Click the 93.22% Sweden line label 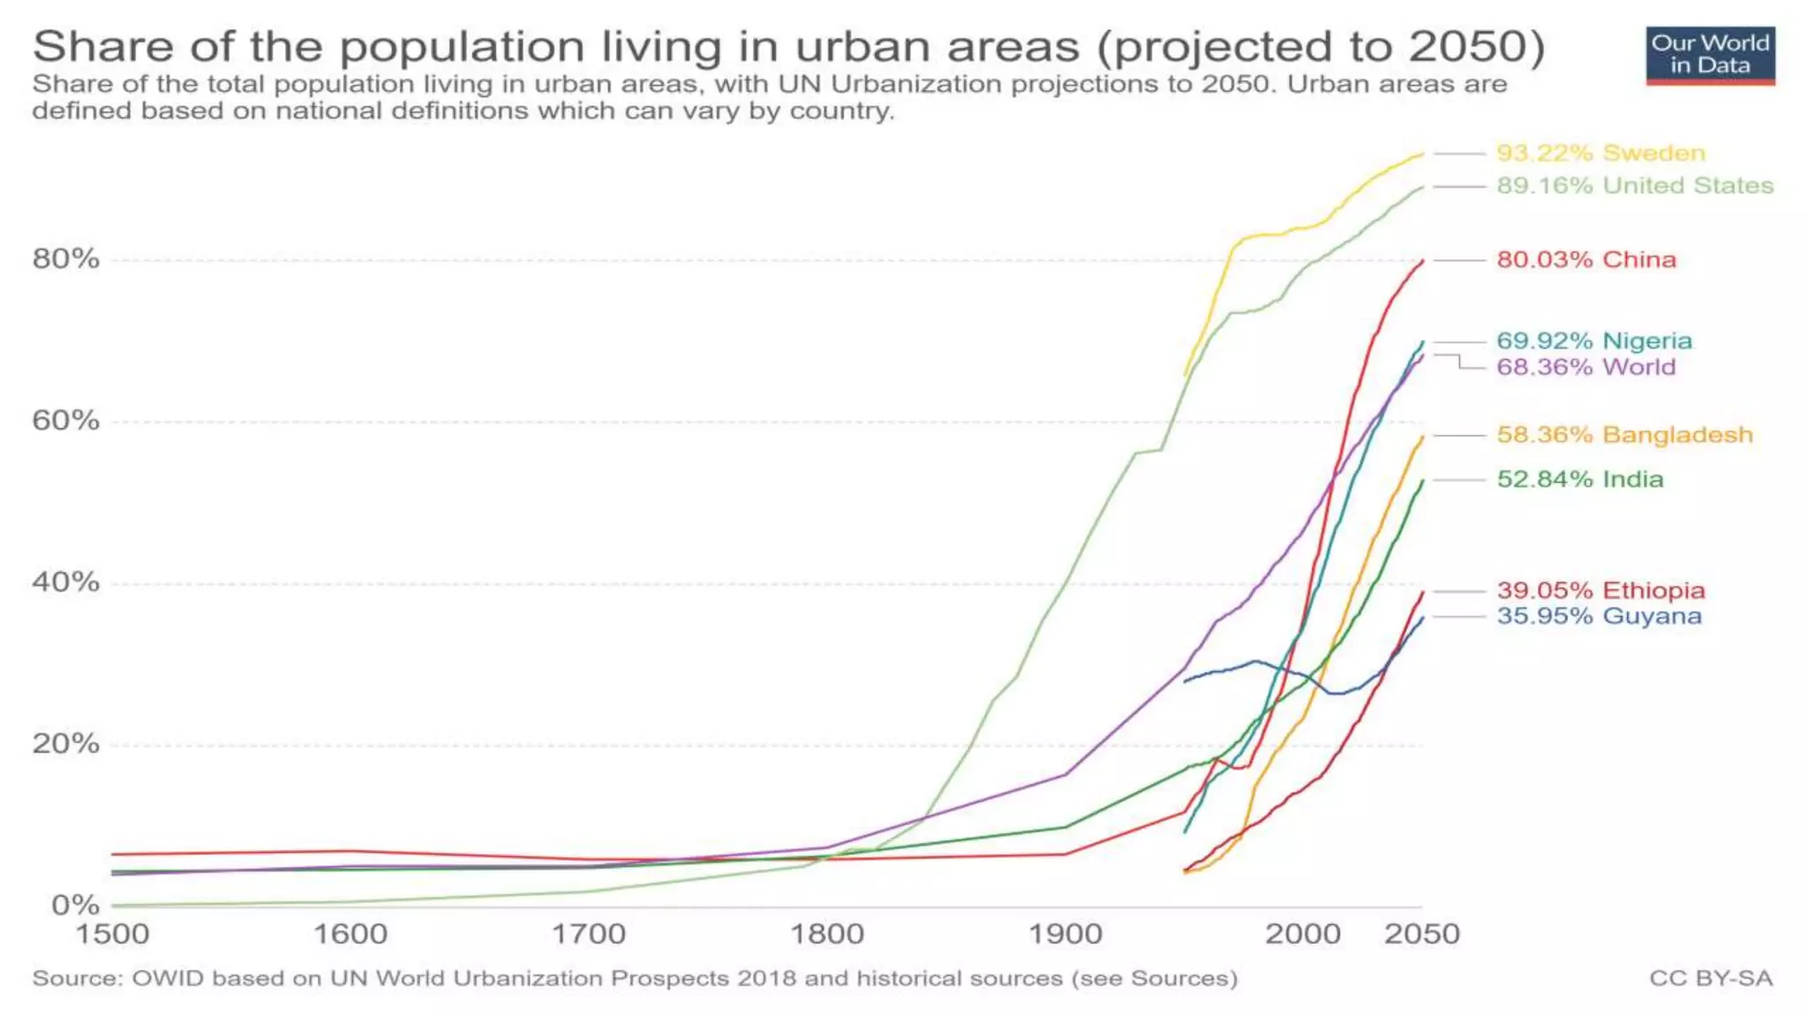[x=1601, y=153]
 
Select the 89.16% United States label [x=1635, y=185]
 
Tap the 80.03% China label [x=1586, y=260]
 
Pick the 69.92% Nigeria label [x=1594, y=341]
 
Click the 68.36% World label [x=1586, y=367]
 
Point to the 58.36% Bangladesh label [x=1624, y=434]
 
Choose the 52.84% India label [x=1579, y=479]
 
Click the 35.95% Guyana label [x=1599, y=616]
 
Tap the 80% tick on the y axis [x=66, y=259]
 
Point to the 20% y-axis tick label [x=66, y=743]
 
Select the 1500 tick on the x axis [x=112, y=934]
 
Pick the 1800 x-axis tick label [x=827, y=934]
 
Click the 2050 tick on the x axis [x=1421, y=934]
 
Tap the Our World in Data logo [x=1710, y=56]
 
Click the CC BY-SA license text [x=1710, y=978]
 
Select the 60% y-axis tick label [x=66, y=420]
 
